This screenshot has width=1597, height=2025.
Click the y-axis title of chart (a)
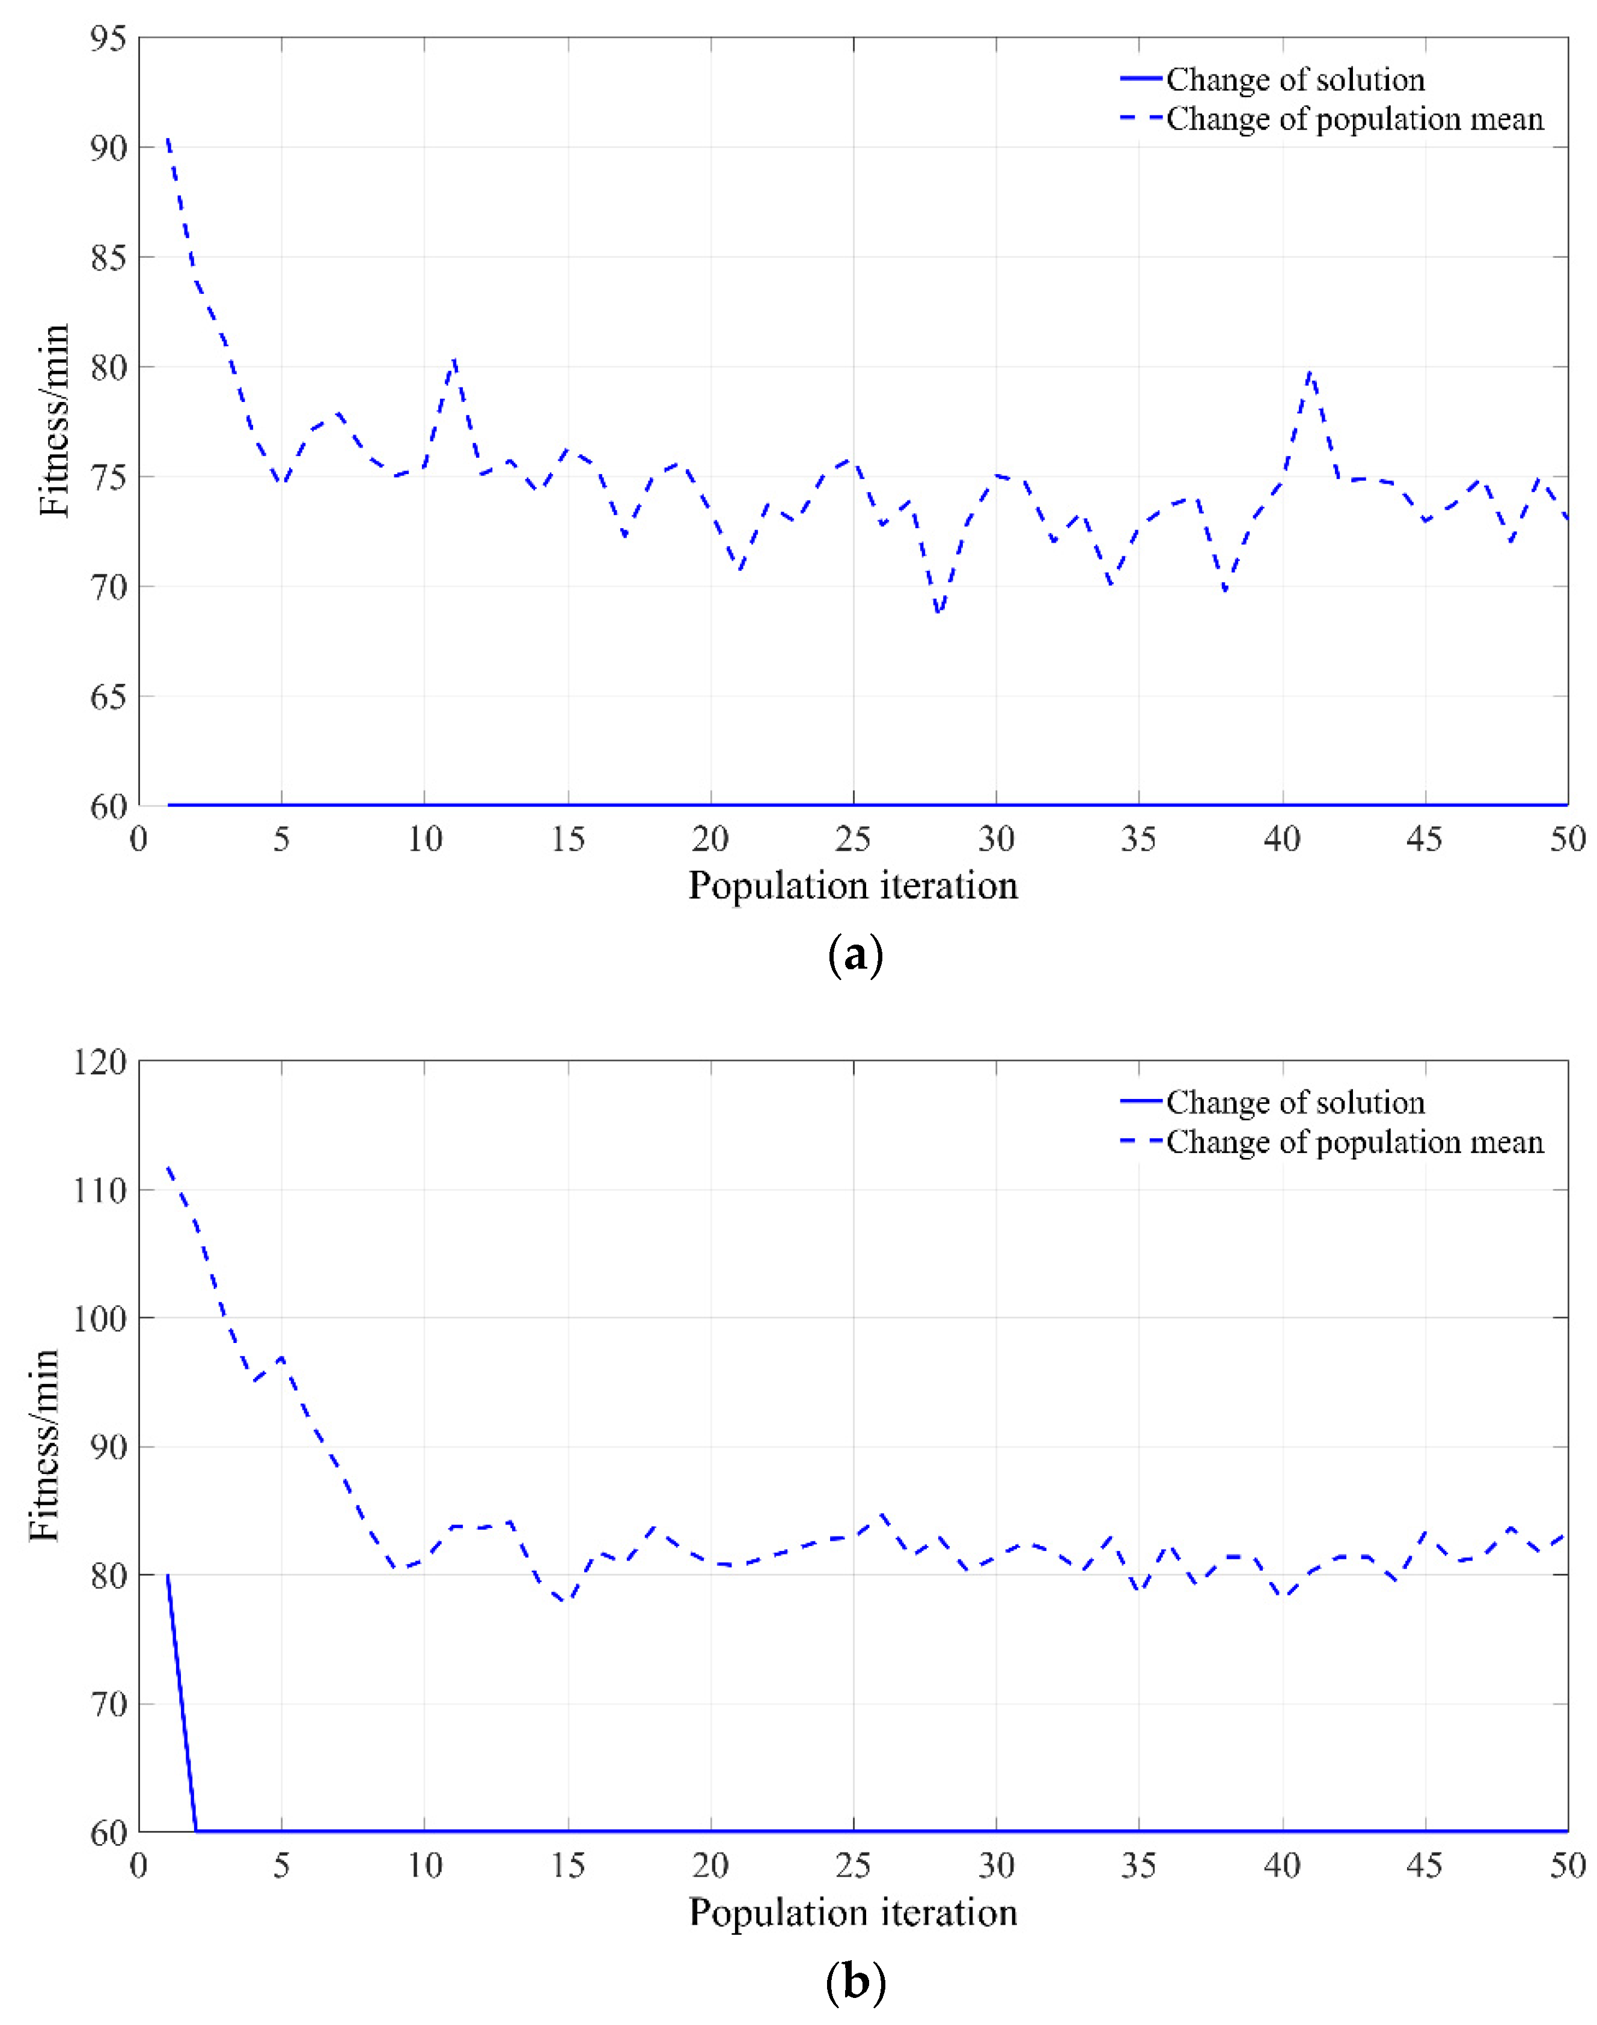[54, 420]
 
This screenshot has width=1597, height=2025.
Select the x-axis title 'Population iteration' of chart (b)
[853, 1912]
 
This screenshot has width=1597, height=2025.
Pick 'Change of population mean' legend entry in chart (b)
[1354, 1142]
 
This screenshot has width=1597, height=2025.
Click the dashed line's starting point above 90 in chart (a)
[167, 138]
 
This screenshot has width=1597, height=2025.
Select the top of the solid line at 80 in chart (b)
[167, 1576]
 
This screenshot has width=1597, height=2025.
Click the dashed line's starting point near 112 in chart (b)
[167, 1167]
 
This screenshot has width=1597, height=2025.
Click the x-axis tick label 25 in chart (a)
[853, 839]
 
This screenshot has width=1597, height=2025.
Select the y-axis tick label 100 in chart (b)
[99, 1318]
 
